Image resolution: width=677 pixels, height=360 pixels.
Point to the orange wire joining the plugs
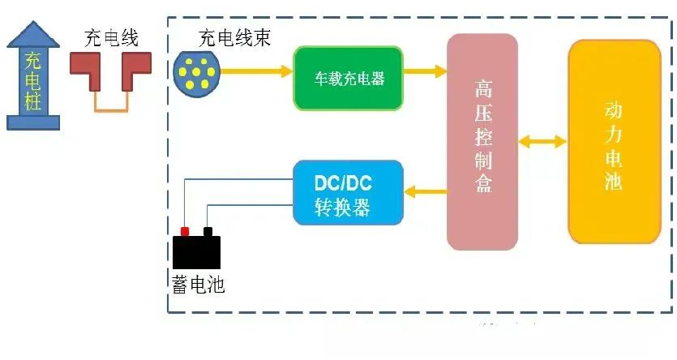pos(111,110)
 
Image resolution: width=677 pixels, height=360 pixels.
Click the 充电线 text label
pos(111,38)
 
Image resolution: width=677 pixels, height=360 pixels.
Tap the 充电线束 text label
pos(234,38)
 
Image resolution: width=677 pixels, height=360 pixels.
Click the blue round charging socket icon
pos(197,74)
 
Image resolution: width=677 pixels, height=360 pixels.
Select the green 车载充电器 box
pos(349,78)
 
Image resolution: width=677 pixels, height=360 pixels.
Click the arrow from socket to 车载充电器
pos(256,71)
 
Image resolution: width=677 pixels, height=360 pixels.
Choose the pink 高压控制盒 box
pos(482,142)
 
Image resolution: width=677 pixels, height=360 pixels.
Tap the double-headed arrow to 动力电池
pos(542,142)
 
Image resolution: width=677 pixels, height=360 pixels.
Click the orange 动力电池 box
pos(615,142)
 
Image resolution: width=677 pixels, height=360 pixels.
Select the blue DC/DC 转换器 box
pos(349,192)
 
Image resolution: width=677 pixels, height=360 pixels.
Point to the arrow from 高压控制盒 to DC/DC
pos(426,191)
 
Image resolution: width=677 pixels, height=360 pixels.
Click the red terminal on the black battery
pos(185,231)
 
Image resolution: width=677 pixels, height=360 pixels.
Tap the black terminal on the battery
pos(208,231)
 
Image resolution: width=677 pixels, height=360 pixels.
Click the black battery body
pos(196,252)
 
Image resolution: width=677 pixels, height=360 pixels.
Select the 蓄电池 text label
pos(198,285)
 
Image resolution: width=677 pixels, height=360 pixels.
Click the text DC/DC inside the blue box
pos(343,183)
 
